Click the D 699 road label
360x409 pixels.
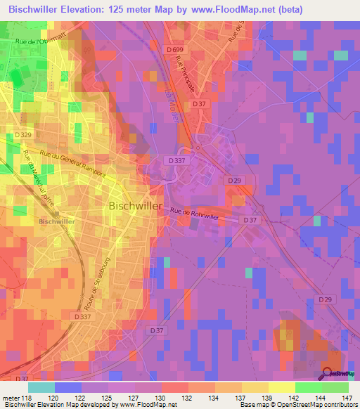tap(176, 48)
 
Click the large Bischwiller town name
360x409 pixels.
tap(136, 206)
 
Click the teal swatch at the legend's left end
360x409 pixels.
tap(41, 387)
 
